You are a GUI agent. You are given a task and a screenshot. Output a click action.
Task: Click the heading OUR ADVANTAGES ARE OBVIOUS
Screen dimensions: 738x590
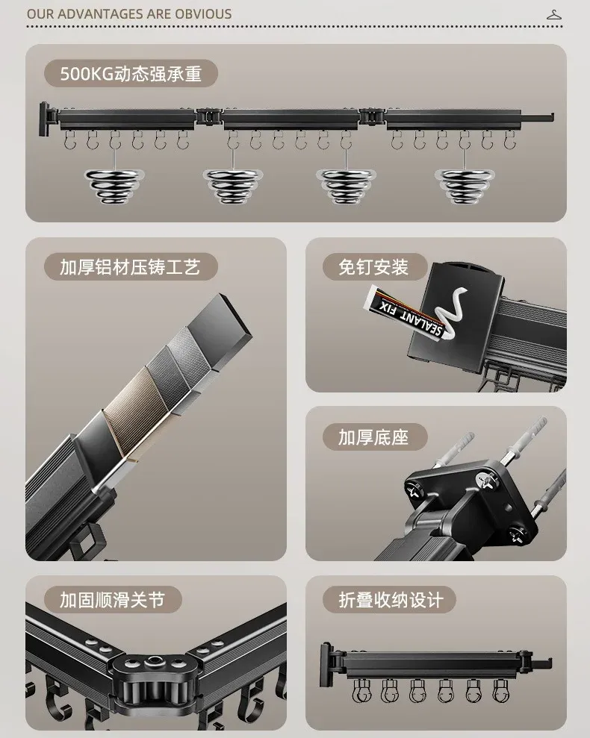tap(129, 13)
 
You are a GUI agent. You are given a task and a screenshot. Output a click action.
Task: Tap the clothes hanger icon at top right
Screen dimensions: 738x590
tap(553, 13)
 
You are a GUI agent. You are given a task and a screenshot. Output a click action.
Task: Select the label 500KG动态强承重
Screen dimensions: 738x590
tap(131, 74)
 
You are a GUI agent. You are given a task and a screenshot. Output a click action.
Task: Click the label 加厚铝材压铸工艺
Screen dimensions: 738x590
tap(130, 266)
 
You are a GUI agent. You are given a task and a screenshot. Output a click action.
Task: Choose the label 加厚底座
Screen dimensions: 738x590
tap(373, 436)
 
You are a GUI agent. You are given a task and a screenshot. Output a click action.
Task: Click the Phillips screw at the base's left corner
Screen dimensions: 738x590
tap(416, 491)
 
